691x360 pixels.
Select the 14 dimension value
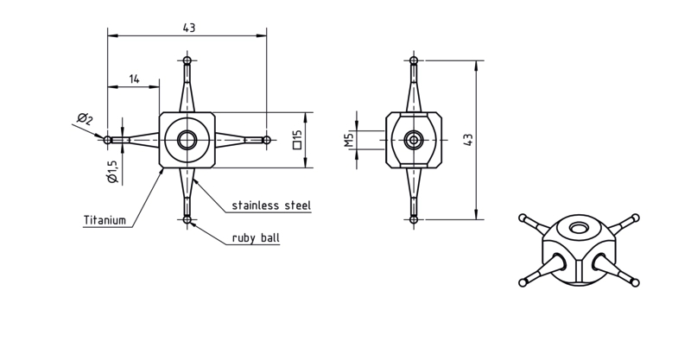tap(134, 79)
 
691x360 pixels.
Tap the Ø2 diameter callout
tap(85, 119)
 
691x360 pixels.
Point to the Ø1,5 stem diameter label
tap(112, 172)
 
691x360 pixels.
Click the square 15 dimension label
tap(297, 139)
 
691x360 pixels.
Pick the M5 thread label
tap(350, 140)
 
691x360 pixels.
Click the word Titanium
tap(105, 220)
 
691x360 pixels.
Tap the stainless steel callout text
tap(271, 205)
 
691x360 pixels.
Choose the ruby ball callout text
tap(256, 238)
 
